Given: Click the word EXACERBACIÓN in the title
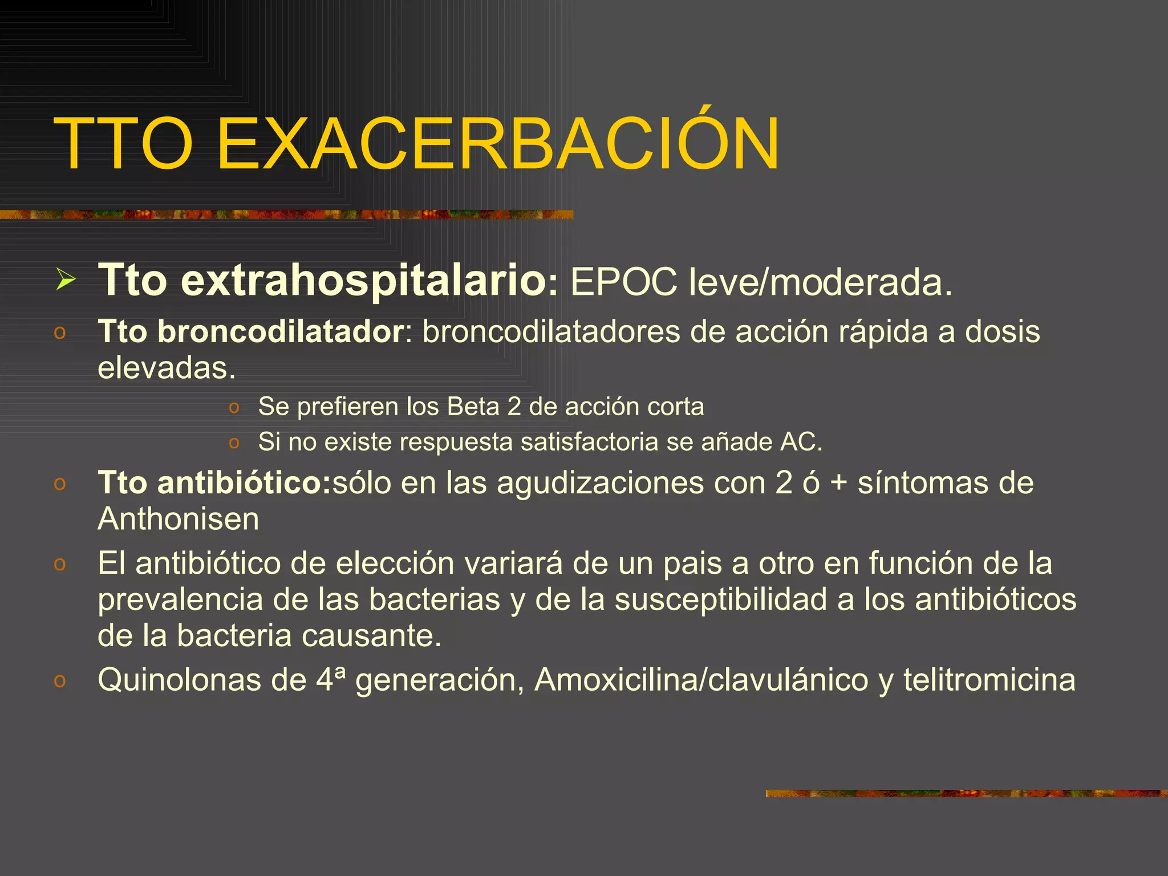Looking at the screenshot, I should point(498,144).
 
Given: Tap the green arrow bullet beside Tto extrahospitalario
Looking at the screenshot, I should point(66,280).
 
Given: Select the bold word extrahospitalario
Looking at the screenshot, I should point(364,280).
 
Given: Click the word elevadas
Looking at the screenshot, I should point(167,368).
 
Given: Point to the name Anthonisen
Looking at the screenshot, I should point(178,520).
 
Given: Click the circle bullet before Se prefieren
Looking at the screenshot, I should point(234,408).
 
